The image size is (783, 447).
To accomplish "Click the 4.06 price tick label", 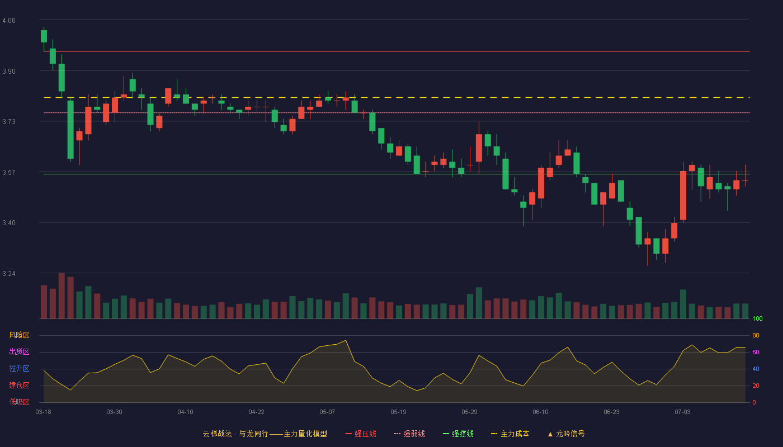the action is pos(9,21).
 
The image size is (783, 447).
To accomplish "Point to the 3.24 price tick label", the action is pos(9,274).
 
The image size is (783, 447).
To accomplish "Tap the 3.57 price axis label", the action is pos(9,173).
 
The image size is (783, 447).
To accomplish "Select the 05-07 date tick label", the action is pos(327,412).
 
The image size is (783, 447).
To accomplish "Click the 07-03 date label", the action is pos(682,412).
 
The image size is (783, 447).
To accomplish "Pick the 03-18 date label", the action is pos(44,412).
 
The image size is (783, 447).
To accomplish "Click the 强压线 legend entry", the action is pos(361,434).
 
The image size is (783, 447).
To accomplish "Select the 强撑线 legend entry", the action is pos(458,434).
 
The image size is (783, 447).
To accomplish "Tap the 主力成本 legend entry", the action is pos(510,434).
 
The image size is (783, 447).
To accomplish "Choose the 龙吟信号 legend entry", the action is pos(566,434).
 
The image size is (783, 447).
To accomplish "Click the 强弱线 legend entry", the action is pos(409,434).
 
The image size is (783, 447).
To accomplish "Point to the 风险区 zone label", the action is pos(19,335).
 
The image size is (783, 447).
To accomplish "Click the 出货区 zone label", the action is pos(19,351).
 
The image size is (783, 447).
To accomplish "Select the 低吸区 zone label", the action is pos(19,402).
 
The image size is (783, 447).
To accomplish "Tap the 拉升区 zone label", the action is pos(19,368).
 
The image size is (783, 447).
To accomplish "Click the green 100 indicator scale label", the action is pos(757,318).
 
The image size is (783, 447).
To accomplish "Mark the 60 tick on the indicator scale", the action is pos(756,352).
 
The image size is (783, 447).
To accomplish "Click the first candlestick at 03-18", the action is pos(44,36).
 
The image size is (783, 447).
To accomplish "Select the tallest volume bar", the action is pos(62,296).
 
